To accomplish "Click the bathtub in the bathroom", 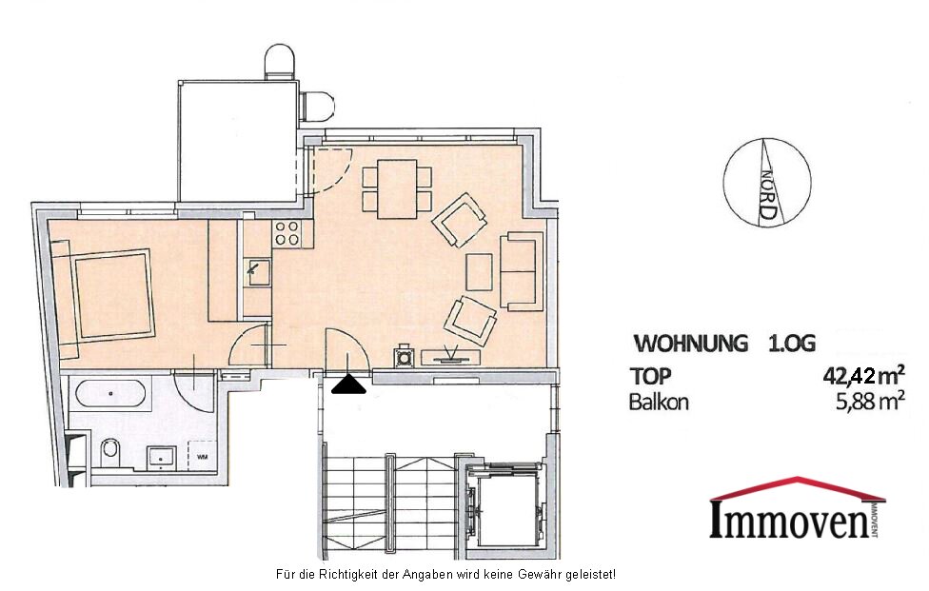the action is [x=109, y=393].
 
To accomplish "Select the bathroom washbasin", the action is [x=161, y=457].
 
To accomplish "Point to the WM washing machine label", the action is [x=203, y=457].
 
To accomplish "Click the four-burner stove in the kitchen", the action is [x=287, y=233].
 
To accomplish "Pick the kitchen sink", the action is [x=258, y=272].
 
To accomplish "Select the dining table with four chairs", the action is [x=397, y=188].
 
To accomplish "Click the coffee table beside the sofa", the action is [x=480, y=272].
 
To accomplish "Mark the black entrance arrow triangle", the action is [x=348, y=384].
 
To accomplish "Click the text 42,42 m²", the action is [x=863, y=375].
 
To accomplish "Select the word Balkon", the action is [x=659, y=403].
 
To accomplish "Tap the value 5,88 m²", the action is [x=870, y=403].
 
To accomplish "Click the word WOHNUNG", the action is [x=690, y=344].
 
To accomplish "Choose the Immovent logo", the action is [x=798, y=507].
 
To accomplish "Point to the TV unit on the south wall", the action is [x=450, y=357].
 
